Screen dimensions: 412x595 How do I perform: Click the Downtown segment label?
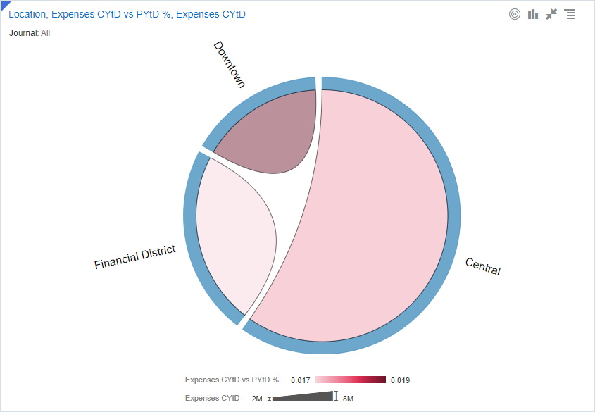pyautogui.click(x=230, y=64)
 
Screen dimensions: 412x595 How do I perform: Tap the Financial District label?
pyautogui.click(x=134, y=258)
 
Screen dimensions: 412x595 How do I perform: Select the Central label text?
pyautogui.click(x=483, y=266)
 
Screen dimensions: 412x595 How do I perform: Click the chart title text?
pyautogui.click(x=127, y=14)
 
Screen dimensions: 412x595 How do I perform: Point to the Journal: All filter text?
pyautogui.click(x=30, y=32)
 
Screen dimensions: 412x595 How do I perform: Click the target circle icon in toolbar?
pyautogui.click(x=515, y=14)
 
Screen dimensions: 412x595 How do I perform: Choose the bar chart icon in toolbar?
pyautogui.click(x=533, y=14)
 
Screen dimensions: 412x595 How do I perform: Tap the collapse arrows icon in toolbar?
pyautogui.click(x=551, y=14)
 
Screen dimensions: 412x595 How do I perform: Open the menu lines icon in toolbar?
pyautogui.click(x=570, y=14)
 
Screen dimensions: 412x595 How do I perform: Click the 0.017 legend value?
pyautogui.click(x=301, y=380)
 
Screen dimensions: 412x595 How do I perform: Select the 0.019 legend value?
pyautogui.click(x=400, y=380)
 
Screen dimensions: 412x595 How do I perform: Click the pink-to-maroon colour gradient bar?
pyautogui.click(x=351, y=380)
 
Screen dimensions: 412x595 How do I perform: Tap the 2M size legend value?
pyautogui.click(x=256, y=399)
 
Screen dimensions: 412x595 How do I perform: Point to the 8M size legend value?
pyautogui.click(x=348, y=399)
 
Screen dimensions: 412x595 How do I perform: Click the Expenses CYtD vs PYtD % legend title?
pyautogui.click(x=232, y=380)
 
